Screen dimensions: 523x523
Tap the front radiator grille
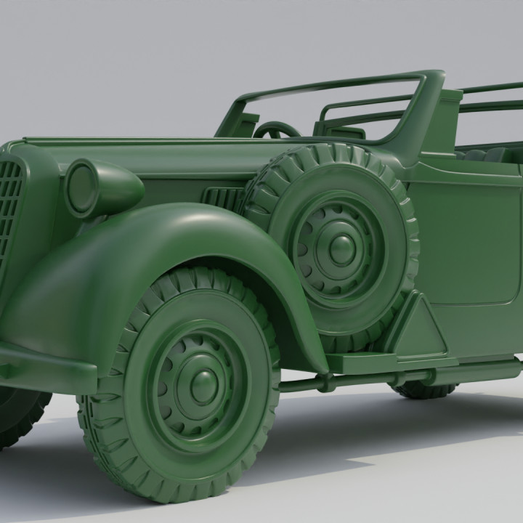[9, 211]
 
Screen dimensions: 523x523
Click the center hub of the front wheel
[204, 381]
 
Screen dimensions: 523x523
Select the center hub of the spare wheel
[341, 249]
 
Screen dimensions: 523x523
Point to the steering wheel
[276, 131]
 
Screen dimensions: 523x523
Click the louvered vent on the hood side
[222, 198]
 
